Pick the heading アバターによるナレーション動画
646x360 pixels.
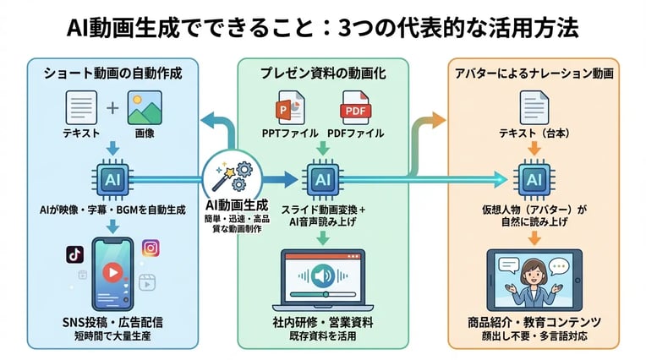click(534, 74)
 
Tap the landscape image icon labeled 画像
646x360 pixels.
click(144, 109)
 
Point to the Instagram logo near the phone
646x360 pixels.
click(151, 248)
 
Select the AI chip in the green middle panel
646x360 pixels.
click(322, 179)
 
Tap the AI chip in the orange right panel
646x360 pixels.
click(534, 179)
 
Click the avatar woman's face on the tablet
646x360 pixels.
click(533, 272)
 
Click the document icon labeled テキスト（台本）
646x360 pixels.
click(534, 109)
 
